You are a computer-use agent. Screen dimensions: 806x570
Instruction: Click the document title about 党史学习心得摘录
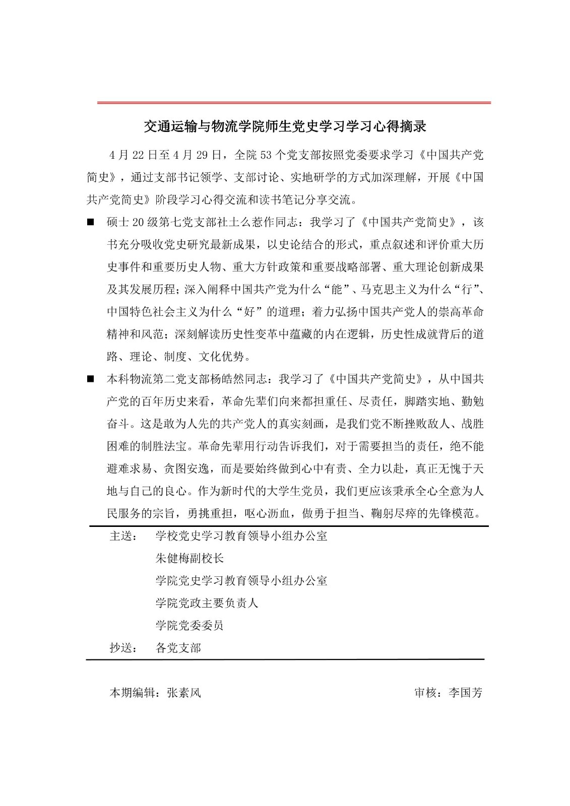click(x=285, y=126)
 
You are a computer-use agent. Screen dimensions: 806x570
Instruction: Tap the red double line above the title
click(x=294, y=103)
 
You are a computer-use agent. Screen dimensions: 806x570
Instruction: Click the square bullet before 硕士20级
click(x=91, y=222)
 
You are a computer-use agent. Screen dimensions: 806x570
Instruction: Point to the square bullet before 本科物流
click(x=91, y=379)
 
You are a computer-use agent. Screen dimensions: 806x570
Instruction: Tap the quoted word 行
click(x=466, y=290)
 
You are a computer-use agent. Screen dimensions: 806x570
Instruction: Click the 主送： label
click(x=123, y=536)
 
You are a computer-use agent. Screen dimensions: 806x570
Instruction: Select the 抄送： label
click(x=123, y=648)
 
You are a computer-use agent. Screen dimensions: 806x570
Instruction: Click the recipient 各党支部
click(x=178, y=648)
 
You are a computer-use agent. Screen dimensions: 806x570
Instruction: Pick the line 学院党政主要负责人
click(x=207, y=603)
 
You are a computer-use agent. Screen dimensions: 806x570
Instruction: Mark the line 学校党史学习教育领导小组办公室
click(x=241, y=536)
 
